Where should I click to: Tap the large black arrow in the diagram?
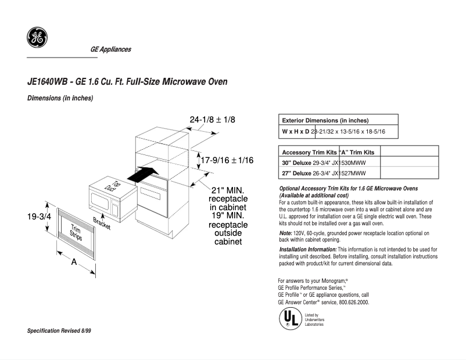[143, 172]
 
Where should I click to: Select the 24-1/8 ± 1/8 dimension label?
[212, 120]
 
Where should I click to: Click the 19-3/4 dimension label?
[39, 216]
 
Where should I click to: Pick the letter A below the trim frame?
[74, 262]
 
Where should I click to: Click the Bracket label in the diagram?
[102, 224]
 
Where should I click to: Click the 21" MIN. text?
[227, 190]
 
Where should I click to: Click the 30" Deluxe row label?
[296, 163]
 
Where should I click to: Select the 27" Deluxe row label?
[296, 173]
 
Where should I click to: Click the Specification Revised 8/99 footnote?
[60, 330]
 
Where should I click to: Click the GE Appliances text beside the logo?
[110, 49]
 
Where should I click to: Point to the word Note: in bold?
[286, 233]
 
